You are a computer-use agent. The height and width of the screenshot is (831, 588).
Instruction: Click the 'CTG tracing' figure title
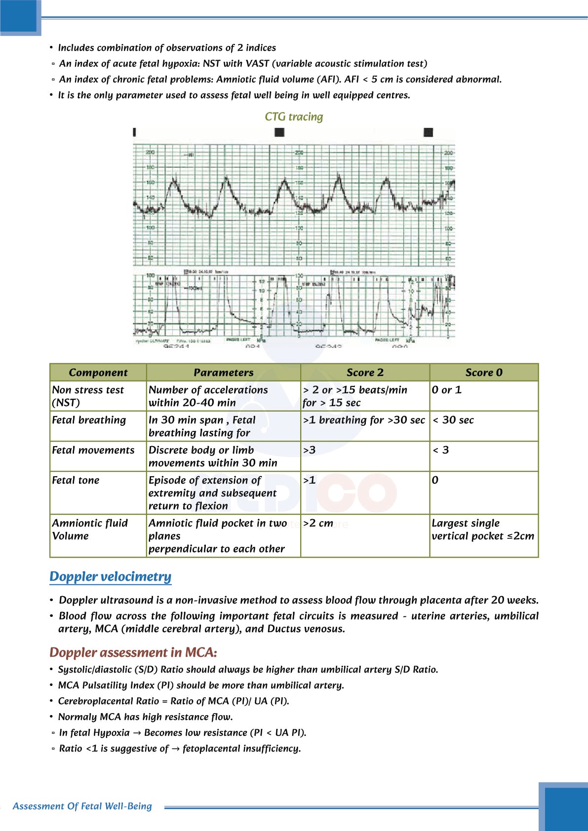[x=294, y=117]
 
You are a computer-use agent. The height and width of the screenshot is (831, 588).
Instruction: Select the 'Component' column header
[x=98, y=373]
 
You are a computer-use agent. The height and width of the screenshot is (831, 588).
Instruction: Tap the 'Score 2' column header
[x=365, y=373]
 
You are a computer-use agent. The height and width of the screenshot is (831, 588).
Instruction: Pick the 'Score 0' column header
[x=484, y=373]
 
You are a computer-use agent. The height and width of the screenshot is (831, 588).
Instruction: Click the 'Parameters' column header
[x=223, y=373]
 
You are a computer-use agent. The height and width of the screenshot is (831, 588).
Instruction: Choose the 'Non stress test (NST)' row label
[x=88, y=396]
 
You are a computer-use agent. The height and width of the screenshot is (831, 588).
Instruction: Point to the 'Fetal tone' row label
[x=76, y=480]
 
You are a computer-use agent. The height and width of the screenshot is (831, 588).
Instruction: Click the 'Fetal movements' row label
[x=93, y=450]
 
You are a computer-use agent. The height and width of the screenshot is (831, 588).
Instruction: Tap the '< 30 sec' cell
[x=453, y=420]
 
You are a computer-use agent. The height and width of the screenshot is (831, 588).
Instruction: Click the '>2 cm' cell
[x=318, y=523]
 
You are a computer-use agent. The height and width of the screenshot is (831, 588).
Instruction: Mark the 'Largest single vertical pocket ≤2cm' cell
[x=482, y=529]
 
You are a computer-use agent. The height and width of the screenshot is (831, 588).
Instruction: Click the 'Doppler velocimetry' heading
[x=110, y=576]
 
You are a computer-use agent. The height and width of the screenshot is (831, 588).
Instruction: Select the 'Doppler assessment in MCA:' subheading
[x=133, y=652]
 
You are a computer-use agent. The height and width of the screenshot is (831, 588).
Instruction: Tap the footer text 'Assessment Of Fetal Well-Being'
[x=82, y=806]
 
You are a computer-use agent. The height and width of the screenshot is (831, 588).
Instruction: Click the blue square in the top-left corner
[x=20, y=17]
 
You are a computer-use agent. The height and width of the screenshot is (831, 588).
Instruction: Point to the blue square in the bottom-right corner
[x=564, y=807]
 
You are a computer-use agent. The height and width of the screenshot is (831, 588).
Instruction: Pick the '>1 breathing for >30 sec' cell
[x=364, y=420]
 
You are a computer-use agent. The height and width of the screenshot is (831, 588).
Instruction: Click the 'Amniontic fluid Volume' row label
[x=89, y=529]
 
